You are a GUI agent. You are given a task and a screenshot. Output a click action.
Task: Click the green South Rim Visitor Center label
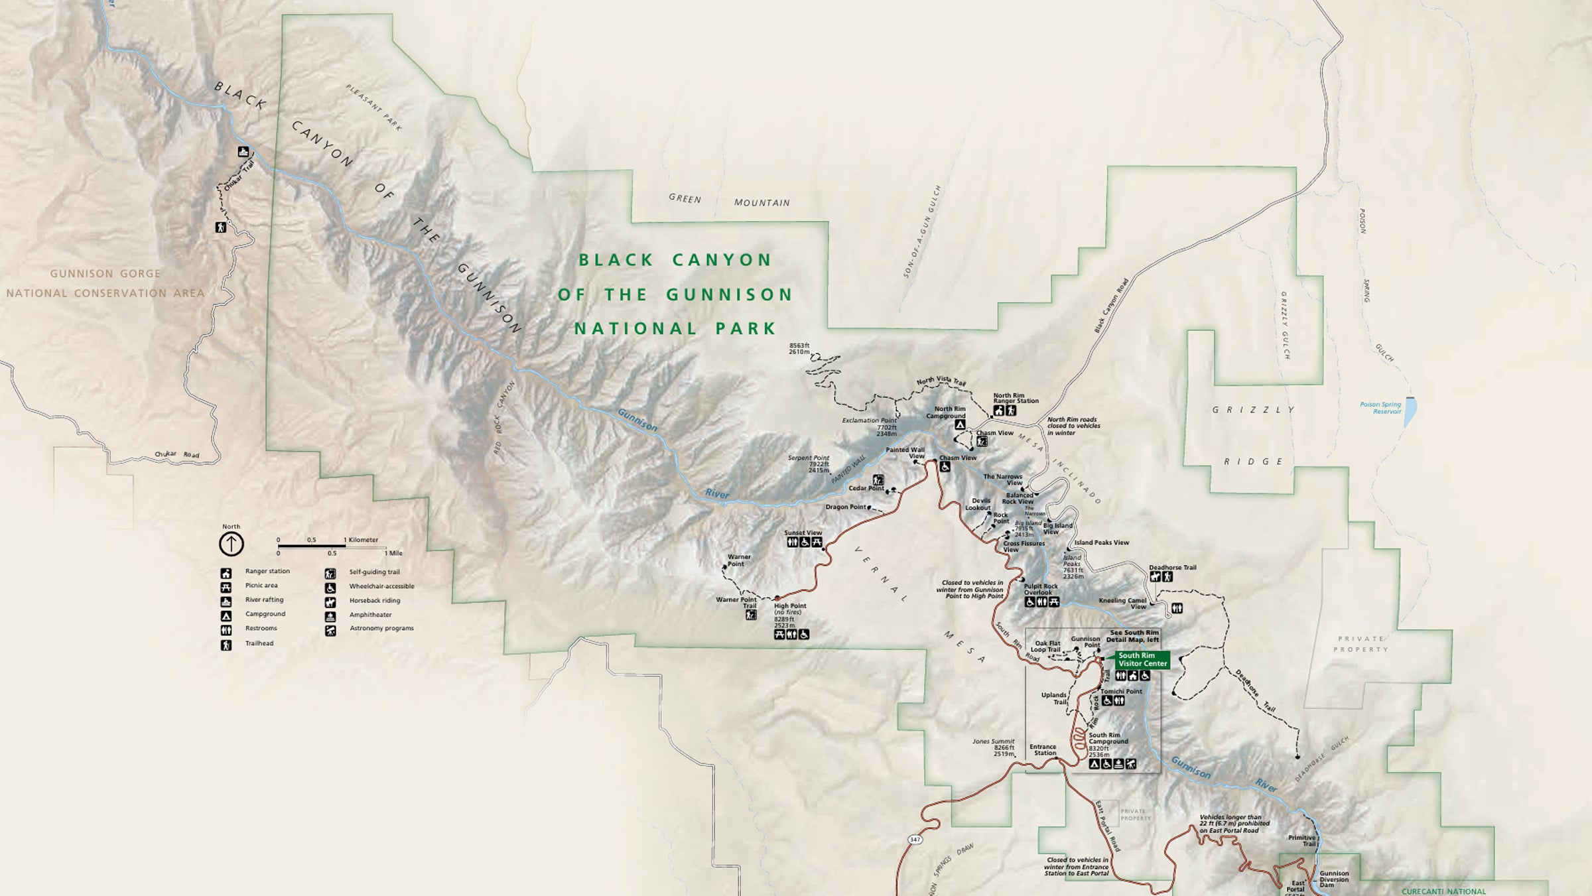pos(1142,659)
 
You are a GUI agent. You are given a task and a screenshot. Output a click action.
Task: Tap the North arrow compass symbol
pos(232,544)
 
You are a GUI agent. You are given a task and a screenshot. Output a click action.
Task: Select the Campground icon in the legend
pos(226,615)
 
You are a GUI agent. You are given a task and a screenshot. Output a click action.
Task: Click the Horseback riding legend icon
pos(330,602)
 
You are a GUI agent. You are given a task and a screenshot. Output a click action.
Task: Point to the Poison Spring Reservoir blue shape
pos(1410,411)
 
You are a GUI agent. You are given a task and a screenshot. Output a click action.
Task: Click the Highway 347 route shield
pos(915,840)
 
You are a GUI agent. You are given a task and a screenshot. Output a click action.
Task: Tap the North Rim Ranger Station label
pos(1015,398)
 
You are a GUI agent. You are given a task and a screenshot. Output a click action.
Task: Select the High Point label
pos(790,606)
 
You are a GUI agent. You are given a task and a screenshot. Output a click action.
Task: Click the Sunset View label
pos(803,533)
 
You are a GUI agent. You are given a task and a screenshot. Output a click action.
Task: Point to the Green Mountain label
pos(729,200)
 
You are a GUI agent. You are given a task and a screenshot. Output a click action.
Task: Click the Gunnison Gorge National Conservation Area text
pos(105,283)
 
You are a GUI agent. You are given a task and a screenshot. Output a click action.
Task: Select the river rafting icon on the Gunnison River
pos(244,152)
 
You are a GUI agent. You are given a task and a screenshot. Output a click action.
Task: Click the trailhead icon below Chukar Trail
pos(221,227)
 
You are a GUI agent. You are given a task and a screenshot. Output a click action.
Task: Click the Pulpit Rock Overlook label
pos(1041,589)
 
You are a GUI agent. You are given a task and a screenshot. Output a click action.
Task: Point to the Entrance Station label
pos(1043,749)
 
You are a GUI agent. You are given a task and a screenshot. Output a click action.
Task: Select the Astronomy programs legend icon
pos(330,631)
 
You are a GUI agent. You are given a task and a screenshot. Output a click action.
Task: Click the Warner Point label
pos(739,560)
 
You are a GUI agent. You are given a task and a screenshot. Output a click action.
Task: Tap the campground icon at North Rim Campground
pos(959,424)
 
